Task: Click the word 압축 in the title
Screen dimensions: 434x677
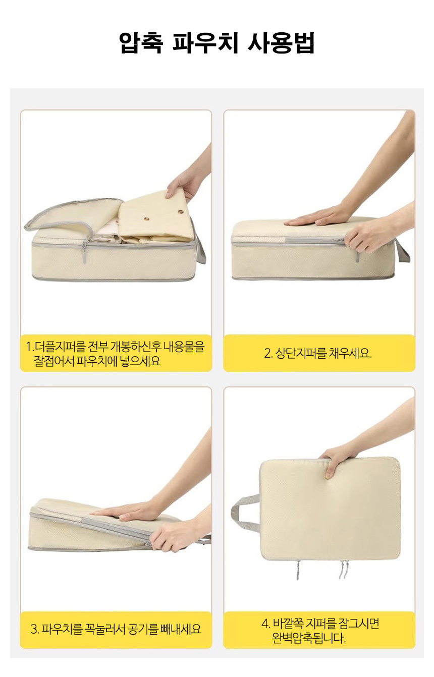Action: click(141, 43)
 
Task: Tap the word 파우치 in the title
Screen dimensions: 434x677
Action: click(205, 43)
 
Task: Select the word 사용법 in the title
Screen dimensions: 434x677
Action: click(281, 43)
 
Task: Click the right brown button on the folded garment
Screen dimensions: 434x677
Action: click(181, 212)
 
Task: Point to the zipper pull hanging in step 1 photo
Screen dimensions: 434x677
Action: click(84, 252)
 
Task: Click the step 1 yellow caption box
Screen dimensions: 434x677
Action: click(116, 353)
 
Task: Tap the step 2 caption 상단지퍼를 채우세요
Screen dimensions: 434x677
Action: click(317, 353)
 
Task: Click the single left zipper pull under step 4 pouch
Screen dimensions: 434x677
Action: click(298, 570)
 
